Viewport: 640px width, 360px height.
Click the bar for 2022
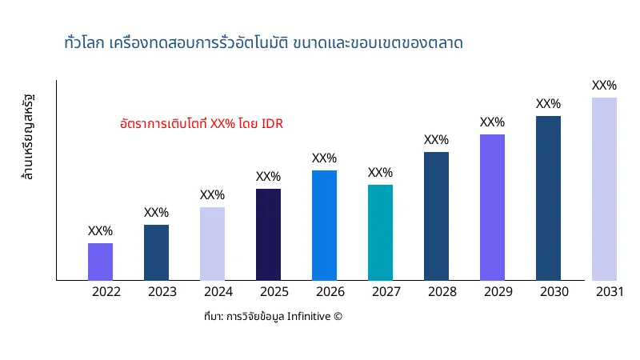coord(100,262)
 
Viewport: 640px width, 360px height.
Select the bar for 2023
coord(156,252)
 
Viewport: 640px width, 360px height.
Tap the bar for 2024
coord(212,243)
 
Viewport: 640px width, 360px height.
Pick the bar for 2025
coord(268,234)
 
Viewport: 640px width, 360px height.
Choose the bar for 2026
coord(324,225)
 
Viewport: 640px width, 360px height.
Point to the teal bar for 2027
coord(380,232)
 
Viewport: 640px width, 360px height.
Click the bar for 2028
coord(436,216)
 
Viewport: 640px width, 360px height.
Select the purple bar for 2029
coord(492,207)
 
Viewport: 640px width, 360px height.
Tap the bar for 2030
coord(548,198)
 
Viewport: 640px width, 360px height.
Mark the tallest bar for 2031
coord(604,189)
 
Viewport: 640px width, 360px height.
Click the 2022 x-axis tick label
coord(106,292)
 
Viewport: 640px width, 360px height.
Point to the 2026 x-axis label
coord(330,292)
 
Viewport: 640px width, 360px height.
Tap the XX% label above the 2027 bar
coord(380,173)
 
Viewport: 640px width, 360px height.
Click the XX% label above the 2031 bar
coord(604,86)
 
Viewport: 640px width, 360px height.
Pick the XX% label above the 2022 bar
coord(100,231)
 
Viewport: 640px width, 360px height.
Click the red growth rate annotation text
coord(202,124)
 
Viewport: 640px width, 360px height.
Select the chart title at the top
coord(263,42)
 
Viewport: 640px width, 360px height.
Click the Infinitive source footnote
coord(273,317)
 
